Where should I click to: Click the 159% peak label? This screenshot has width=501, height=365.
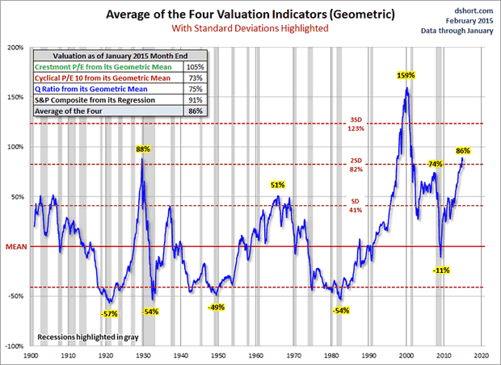pyautogui.click(x=406, y=75)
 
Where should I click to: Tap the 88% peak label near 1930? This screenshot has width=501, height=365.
pyautogui.click(x=144, y=149)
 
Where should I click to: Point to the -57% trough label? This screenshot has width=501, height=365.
pyautogui.click(x=108, y=313)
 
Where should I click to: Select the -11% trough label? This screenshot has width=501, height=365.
pyautogui.click(x=441, y=270)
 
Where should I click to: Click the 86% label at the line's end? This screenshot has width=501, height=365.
pyautogui.click(x=463, y=151)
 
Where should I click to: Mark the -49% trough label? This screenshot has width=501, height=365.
pyautogui.click(x=216, y=308)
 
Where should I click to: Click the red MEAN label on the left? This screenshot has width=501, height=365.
pyautogui.click(x=15, y=246)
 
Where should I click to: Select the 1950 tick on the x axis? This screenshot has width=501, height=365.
pyautogui.click(x=218, y=355)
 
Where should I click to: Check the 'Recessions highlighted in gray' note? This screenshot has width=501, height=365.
pyautogui.click(x=83, y=335)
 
